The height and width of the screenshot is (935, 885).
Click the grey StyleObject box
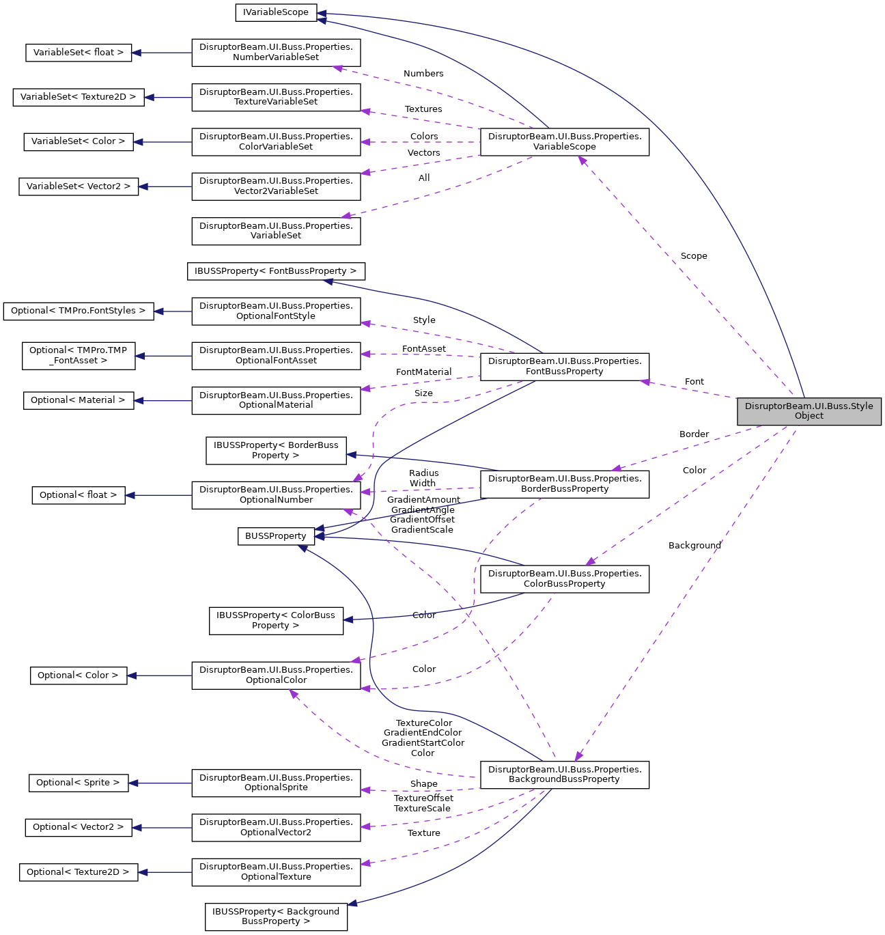click(x=809, y=411)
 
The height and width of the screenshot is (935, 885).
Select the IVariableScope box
click(x=275, y=12)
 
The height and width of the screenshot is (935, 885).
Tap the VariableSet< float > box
click(x=79, y=53)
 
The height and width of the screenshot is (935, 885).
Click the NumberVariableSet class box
click(x=276, y=53)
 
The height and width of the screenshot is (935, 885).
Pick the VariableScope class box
click(x=564, y=141)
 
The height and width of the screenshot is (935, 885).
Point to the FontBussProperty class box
click(x=564, y=366)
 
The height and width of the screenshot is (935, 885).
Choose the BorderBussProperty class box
click(x=564, y=484)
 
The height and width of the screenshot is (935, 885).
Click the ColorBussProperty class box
click(x=564, y=578)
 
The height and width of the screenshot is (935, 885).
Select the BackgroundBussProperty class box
click(x=564, y=774)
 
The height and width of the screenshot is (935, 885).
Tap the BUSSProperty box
click(x=275, y=536)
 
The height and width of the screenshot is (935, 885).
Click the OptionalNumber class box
click(x=276, y=495)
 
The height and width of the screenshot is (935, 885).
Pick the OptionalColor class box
click(x=276, y=675)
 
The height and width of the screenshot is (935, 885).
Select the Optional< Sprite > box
click(x=78, y=783)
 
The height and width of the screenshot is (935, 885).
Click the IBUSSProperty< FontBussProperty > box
click(x=276, y=271)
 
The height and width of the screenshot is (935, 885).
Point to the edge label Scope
click(x=693, y=256)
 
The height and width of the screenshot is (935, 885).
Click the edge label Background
click(x=694, y=546)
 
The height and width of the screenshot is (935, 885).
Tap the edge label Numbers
click(x=423, y=74)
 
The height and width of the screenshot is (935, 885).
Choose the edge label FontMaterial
click(x=423, y=372)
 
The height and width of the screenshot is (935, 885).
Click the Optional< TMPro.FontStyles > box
click(x=79, y=311)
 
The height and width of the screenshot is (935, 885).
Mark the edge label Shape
click(x=423, y=784)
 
